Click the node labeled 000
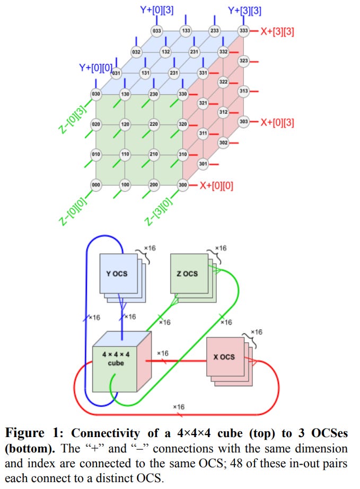96,185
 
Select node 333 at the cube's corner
243,31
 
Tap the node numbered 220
154,125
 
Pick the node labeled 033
157,31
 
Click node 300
183,185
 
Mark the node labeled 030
96,94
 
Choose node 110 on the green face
125,155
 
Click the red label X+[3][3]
277,31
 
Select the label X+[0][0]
216,185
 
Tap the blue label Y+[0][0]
95,67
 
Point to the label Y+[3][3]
244,10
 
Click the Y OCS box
121,273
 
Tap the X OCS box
224,357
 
